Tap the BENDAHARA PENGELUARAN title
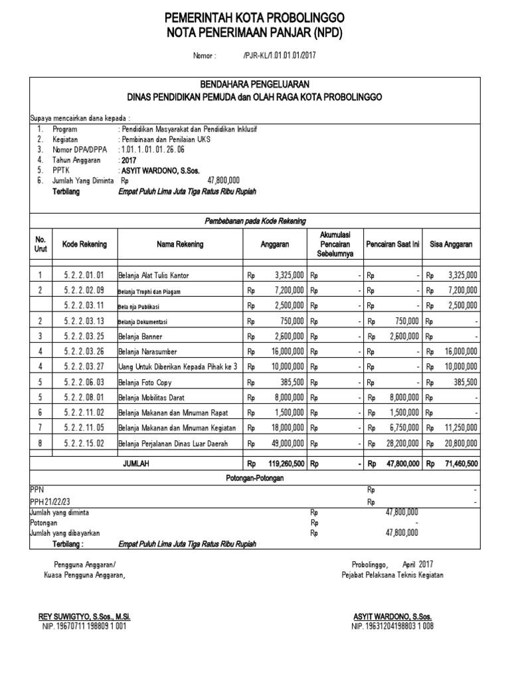coord(255,84)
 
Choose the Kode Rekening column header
coord(84,244)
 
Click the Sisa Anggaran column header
coord(452,244)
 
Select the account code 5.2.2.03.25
coord(84,335)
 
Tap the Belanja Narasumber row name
coord(147,351)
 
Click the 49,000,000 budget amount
coord(286,443)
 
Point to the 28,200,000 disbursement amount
coord(401,443)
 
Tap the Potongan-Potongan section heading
coord(255,477)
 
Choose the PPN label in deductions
coord(37,489)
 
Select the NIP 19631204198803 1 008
coord(394,626)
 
